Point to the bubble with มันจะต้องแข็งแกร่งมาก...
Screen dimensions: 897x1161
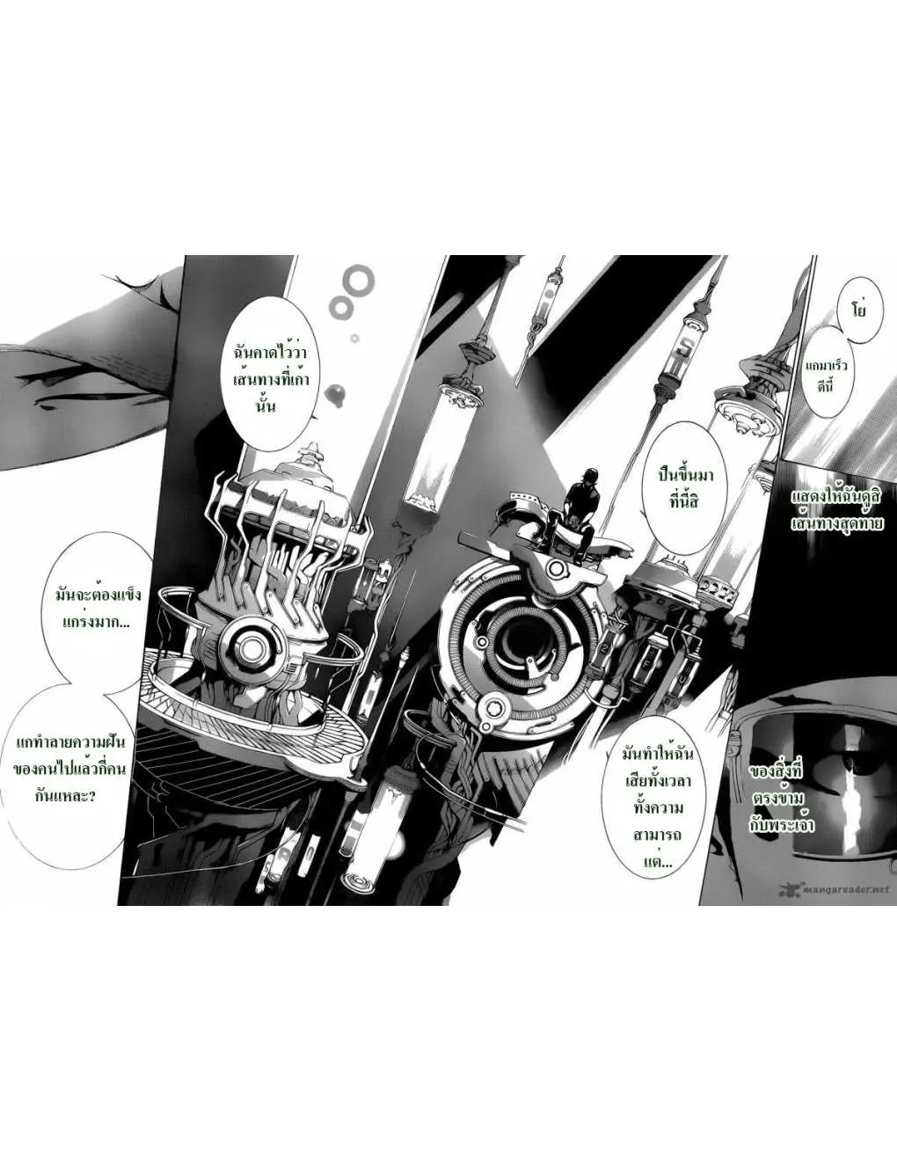(x=95, y=608)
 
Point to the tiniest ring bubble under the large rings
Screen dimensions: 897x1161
(x=354, y=338)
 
